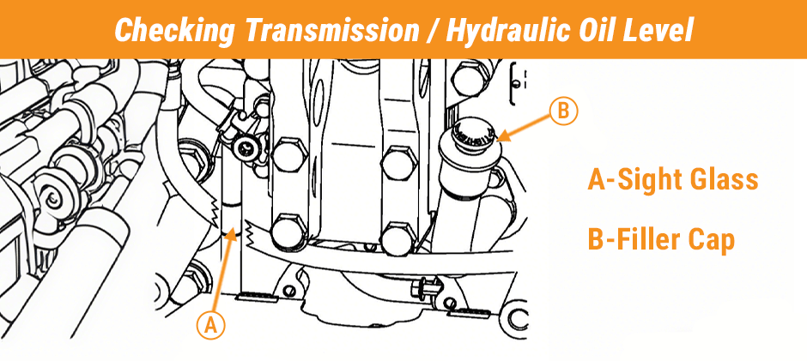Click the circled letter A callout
pos(212,326)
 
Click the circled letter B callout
pos(563,111)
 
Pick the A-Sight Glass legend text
pos(672,180)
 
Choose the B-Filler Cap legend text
pos(661,240)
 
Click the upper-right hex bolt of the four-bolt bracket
pos(396,160)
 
